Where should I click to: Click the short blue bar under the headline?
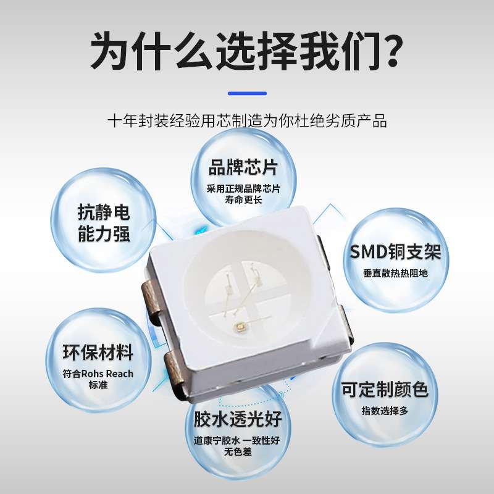point(247,93)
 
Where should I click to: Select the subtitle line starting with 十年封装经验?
point(247,120)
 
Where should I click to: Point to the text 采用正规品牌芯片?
point(243,188)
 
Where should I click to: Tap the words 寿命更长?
point(243,199)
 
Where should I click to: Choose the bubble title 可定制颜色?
point(385,390)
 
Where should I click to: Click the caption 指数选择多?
point(385,411)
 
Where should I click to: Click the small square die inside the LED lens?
point(237,324)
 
